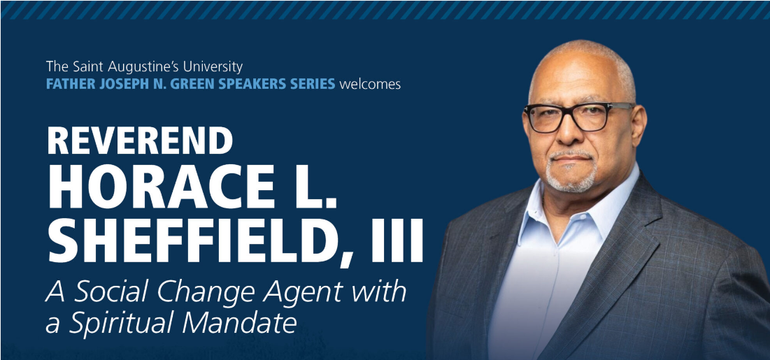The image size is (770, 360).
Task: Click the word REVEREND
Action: [140, 141]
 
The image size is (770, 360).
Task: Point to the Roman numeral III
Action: [399, 240]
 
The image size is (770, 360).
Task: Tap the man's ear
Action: [637, 129]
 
